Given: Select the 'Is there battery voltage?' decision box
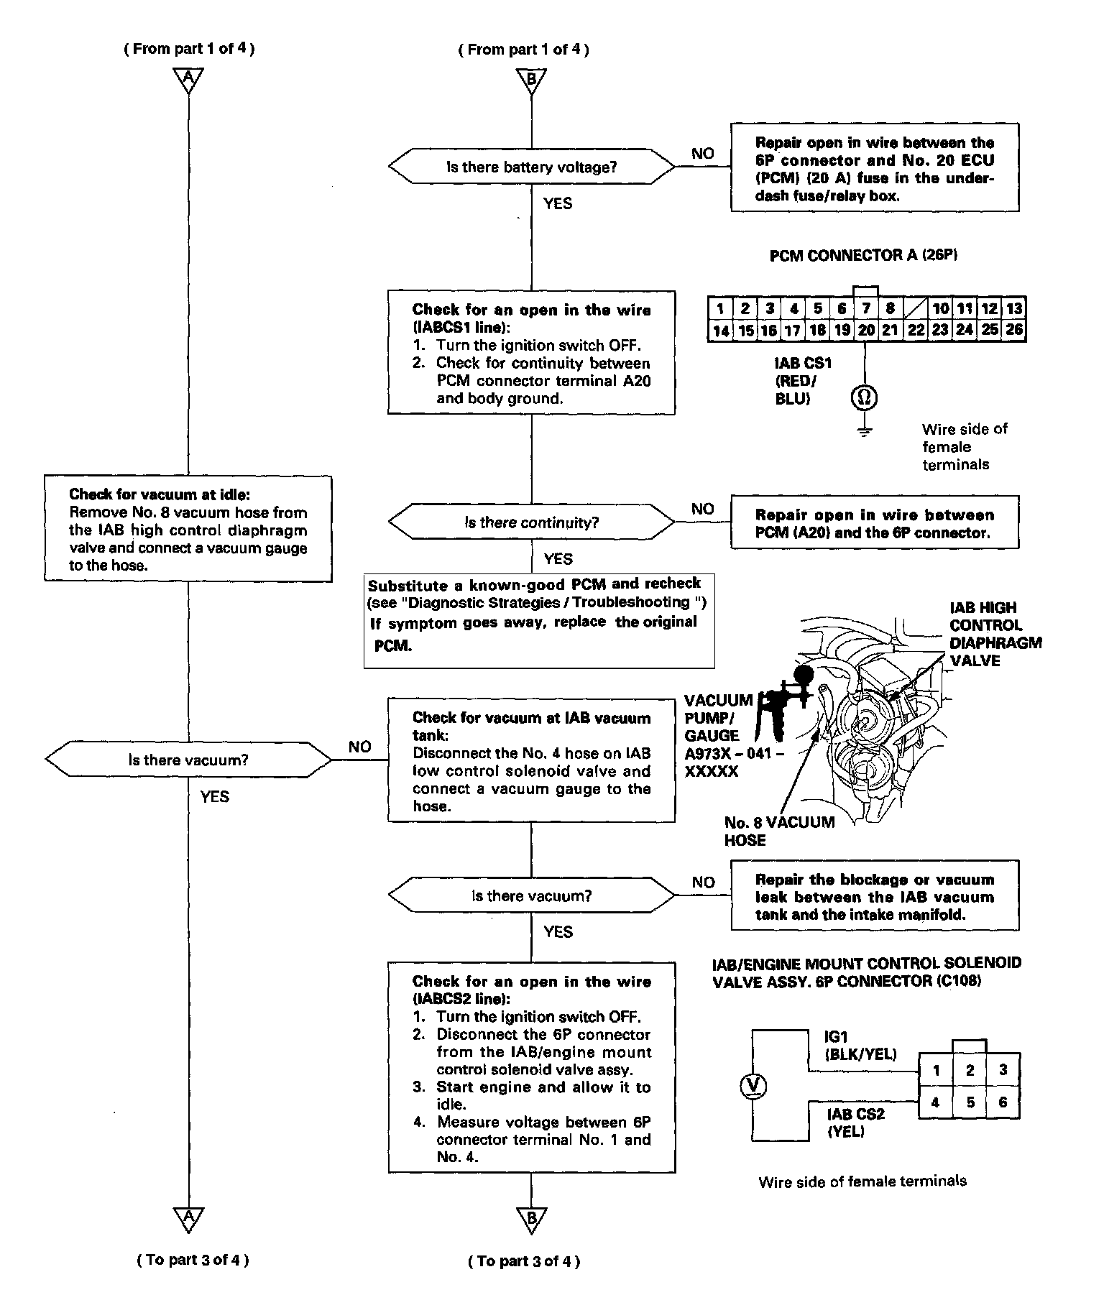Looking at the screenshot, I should click(x=531, y=167).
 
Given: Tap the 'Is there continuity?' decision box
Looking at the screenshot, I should click(x=531, y=522).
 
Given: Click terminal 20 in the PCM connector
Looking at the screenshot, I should click(x=866, y=330).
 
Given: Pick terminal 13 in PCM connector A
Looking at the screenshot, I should click(x=1013, y=309).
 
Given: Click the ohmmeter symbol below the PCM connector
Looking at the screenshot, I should click(x=865, y=397).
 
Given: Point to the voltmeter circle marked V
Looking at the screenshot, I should click(x=753, y=1086).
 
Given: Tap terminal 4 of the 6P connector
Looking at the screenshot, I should click(x=935, y=1102).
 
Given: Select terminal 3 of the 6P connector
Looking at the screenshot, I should click(x=1003, y=1070).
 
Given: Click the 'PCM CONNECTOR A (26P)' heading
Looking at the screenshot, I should click(x=863, y=255).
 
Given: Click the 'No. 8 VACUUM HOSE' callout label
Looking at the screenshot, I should click(x=779, y=831).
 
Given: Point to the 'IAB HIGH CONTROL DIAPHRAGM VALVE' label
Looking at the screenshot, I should click(x=995, y=634).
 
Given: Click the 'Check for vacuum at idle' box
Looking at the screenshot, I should click(x=188, y=529).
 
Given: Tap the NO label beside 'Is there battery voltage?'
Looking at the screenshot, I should click(x=702, y=153).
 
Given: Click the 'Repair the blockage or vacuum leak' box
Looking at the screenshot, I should click(x=874, y=896).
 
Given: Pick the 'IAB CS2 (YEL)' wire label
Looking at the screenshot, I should click(x=855, y=1122).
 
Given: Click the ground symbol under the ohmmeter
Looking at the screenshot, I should click(x=865, y=431).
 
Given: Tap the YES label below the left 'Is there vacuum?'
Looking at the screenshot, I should click(x=215, y=796).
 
